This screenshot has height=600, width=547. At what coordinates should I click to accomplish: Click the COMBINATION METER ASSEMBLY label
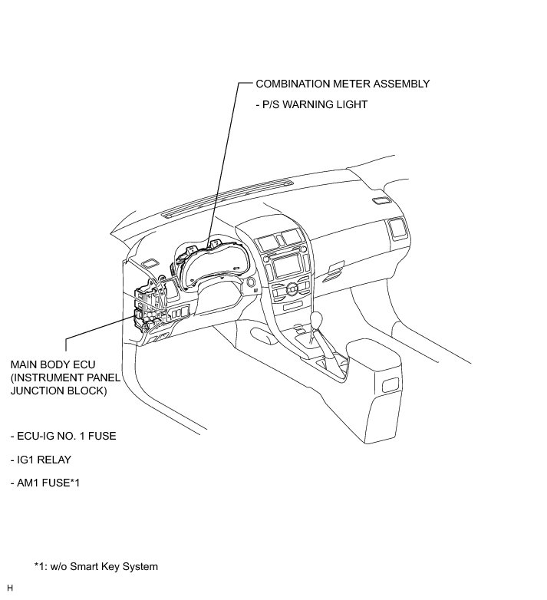click(342, 84)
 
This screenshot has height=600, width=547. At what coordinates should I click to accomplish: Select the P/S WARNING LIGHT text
click(311, 105)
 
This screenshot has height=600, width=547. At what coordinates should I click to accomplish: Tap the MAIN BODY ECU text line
click(53, 364)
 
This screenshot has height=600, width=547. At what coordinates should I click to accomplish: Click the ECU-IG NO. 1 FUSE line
click(63, 436)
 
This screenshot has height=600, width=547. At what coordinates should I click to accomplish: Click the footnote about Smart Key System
click(96, 567)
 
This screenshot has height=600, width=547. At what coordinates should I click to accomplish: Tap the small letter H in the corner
click(10, 588)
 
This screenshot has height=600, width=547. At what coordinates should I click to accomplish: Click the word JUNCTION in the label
click(38, 391)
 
